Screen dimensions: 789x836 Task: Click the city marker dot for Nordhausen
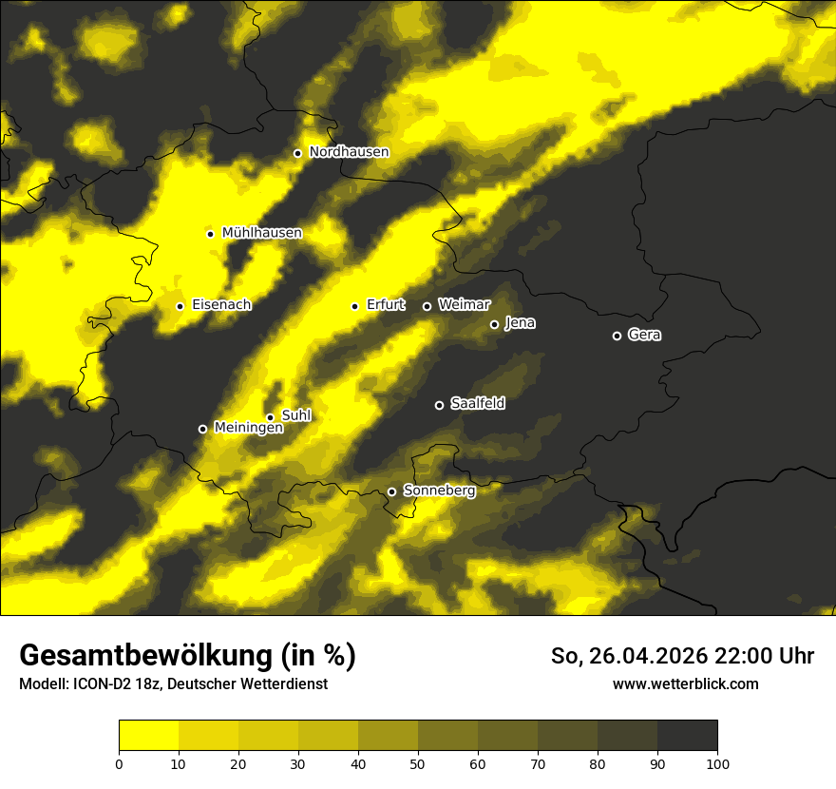coord(297,153)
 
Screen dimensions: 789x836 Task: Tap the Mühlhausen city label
coord(261,233)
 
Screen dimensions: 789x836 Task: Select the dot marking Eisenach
coord(180,306)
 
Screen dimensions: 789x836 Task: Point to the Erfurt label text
coord(386,305)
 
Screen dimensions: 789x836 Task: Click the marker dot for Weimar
coord(427,306)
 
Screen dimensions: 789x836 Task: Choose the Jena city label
coord(520,323)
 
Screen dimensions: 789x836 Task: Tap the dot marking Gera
coord(617,336)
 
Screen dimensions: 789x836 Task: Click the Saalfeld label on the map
coord(477,404)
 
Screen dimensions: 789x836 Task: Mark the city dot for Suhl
coord(270,417)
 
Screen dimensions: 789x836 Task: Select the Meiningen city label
coord(248,428)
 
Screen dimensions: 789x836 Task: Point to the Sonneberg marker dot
coord(391,491)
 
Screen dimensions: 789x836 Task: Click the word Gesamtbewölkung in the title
coord(143,656)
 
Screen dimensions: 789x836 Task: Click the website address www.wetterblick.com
coord(685,683)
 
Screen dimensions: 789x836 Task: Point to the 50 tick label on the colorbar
coord(418,762)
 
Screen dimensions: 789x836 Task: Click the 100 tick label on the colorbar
coord(716,762)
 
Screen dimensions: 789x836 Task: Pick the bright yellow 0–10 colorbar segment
coord(148,735)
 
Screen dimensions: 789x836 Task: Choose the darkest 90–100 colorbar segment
coord(687,735)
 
